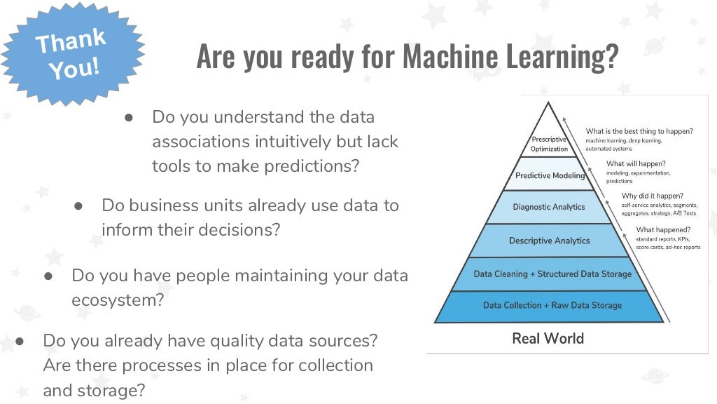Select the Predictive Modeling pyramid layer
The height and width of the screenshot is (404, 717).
click(550, 175)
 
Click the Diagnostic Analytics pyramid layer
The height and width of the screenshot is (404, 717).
click(549, 207)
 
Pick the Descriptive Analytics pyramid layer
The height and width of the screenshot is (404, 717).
click(549, 241)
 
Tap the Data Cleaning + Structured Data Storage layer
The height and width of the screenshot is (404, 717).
click(552, 274)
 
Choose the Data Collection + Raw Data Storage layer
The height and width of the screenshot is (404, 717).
click(552, 305)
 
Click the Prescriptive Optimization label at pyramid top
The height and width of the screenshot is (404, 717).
click(549, 144)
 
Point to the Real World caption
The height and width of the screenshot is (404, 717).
click(548, 339)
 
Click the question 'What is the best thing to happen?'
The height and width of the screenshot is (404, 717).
click(639, 131)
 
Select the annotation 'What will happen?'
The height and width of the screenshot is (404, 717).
click(636, 163)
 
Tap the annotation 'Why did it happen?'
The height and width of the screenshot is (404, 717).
click(653, 196)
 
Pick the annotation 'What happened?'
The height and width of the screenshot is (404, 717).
click(663, 229)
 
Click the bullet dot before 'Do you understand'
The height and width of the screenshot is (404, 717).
click(130, 117)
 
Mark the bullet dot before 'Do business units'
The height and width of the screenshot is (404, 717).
click(79, 206)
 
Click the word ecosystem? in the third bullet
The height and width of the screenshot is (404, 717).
click(118, 300)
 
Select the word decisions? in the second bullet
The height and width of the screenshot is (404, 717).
click(238, 230)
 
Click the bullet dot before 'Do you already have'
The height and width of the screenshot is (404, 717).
click(20, 341)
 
